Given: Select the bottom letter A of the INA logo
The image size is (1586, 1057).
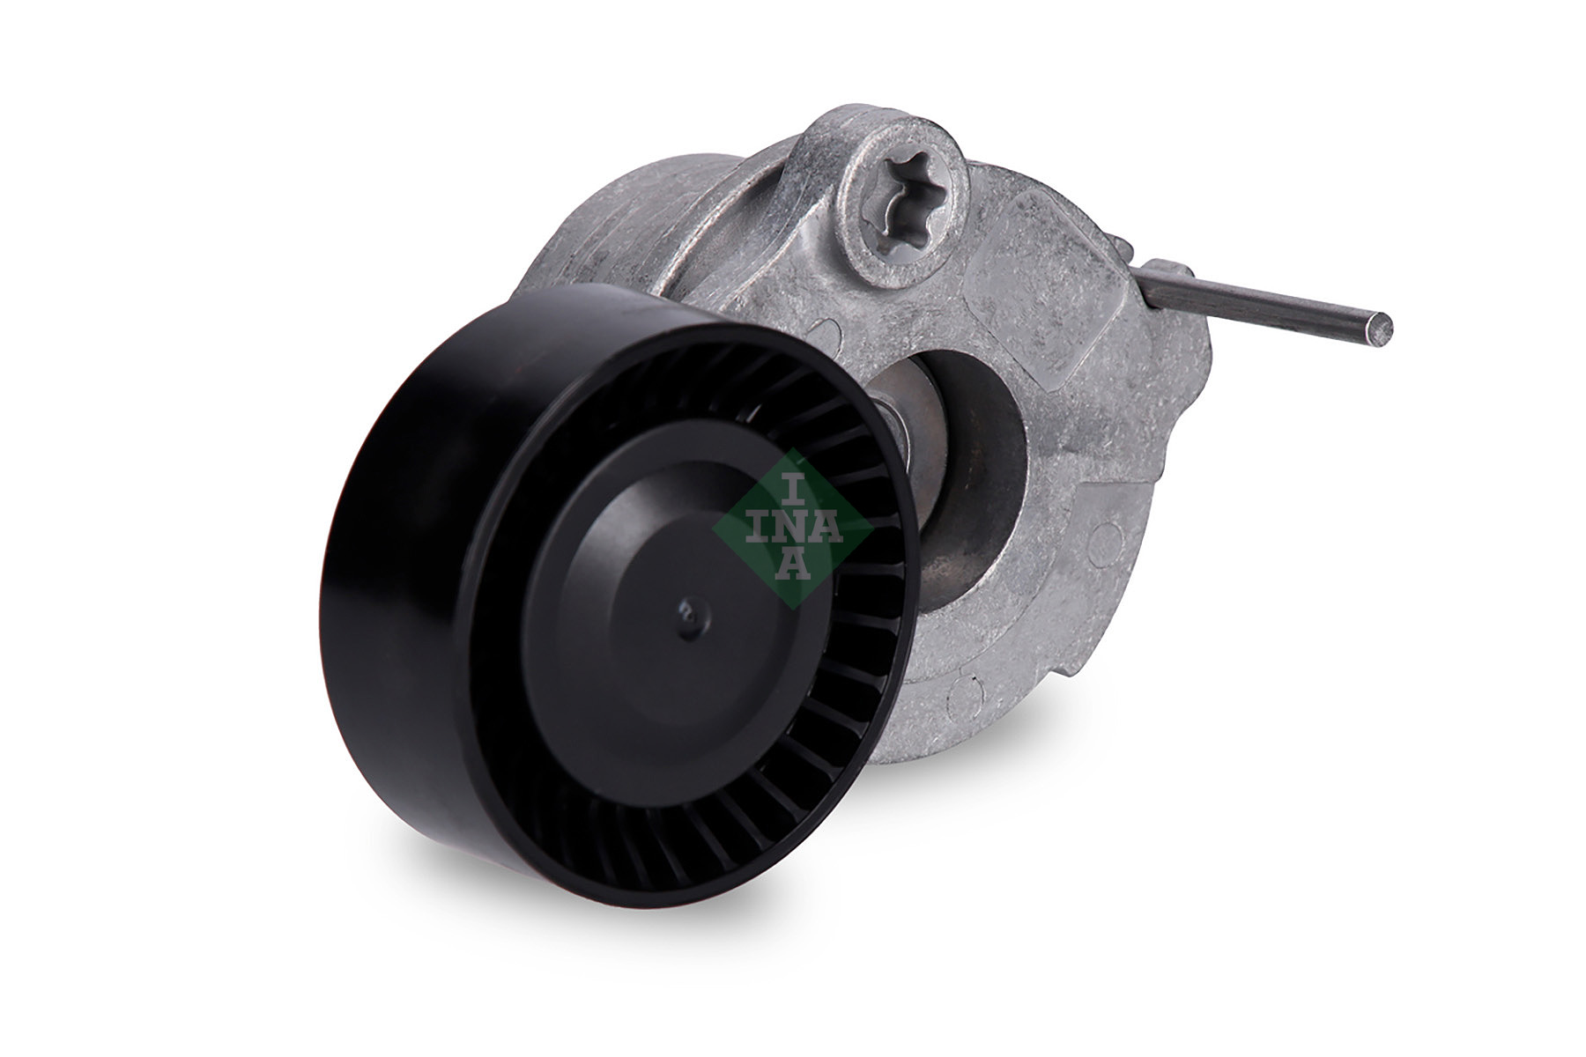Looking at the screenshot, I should [x=794, y=563].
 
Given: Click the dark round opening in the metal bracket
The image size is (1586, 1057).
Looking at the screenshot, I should [x=978, y=458].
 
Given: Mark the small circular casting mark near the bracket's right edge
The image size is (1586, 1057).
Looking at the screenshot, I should [x=1105, y=543].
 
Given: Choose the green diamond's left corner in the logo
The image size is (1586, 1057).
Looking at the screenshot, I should [x=715, y=527].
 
